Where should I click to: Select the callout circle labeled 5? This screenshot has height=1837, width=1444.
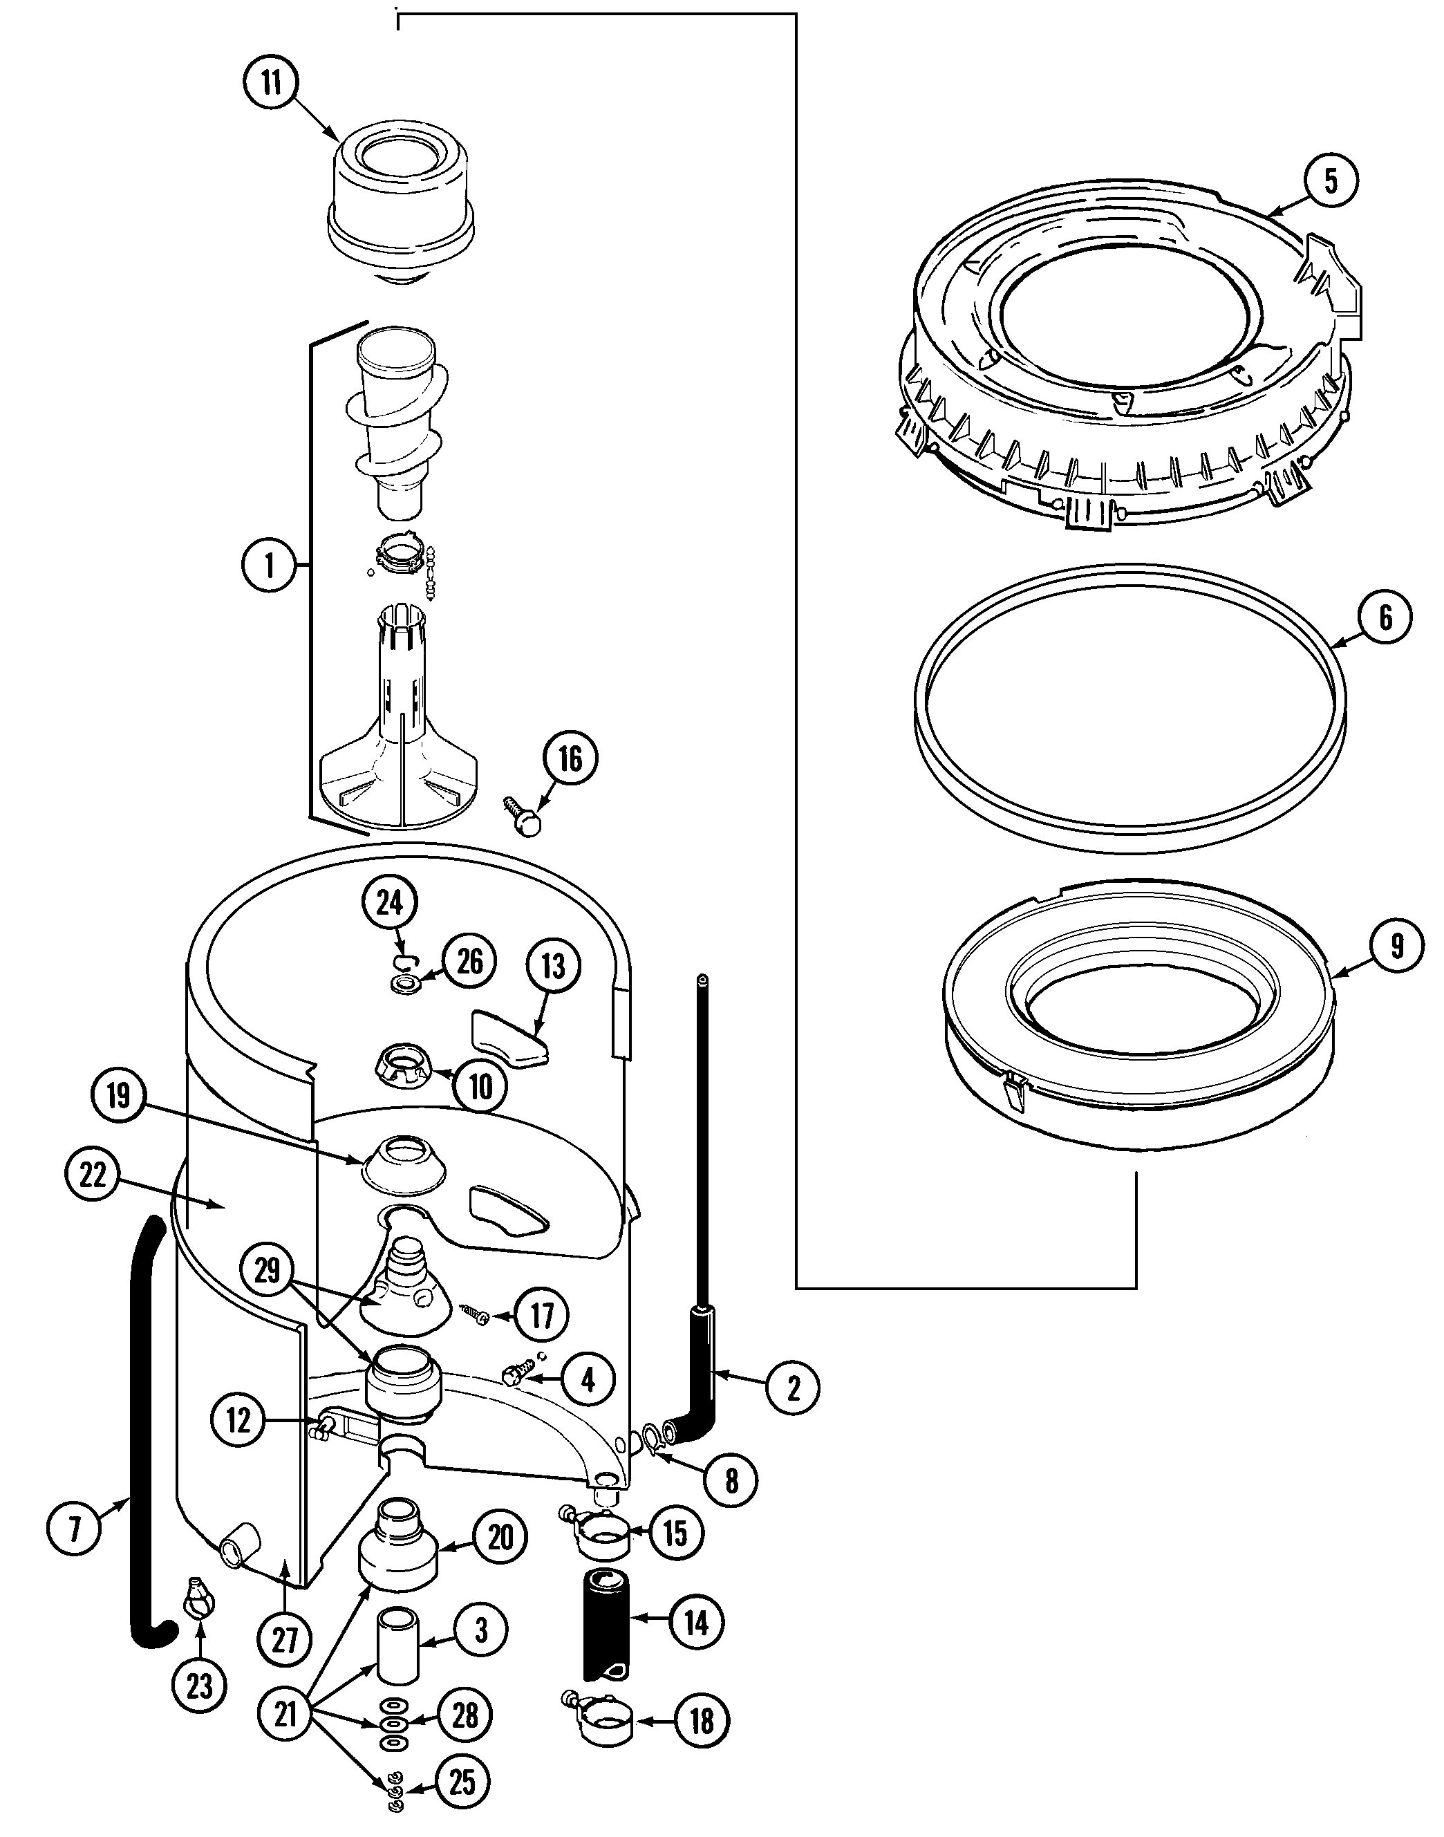(1331, 180)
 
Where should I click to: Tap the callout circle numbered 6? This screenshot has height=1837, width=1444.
(1385, 618)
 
